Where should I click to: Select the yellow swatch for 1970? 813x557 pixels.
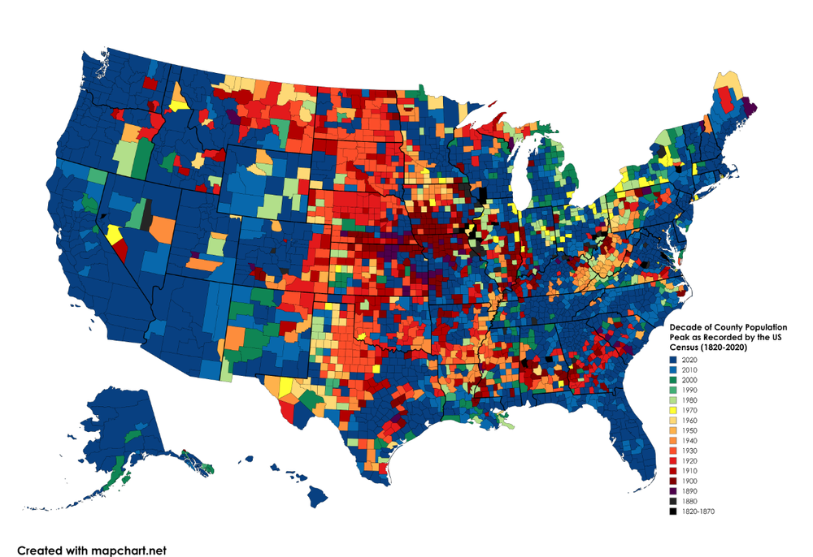[672, 410]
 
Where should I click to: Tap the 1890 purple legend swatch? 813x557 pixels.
[672, 491]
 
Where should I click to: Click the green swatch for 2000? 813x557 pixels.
[672, 380]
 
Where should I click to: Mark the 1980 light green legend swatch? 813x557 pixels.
[672, 400]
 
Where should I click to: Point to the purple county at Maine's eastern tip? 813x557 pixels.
[750, 106]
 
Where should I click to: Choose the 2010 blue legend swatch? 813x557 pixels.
[672, 369]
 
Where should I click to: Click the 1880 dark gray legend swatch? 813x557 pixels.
[672, 501]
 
